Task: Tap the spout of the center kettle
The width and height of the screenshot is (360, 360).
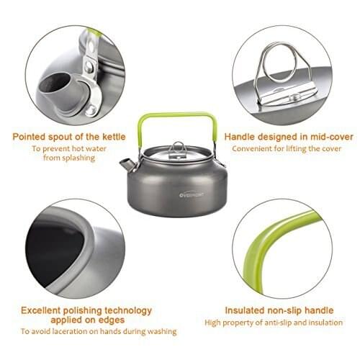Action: tap(128, 165)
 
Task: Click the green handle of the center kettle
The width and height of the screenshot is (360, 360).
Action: tap(178, 115)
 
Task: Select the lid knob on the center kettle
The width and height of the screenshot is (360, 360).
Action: tap(178, 147)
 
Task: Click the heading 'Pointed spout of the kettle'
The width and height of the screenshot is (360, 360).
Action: tap(68, 135)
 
